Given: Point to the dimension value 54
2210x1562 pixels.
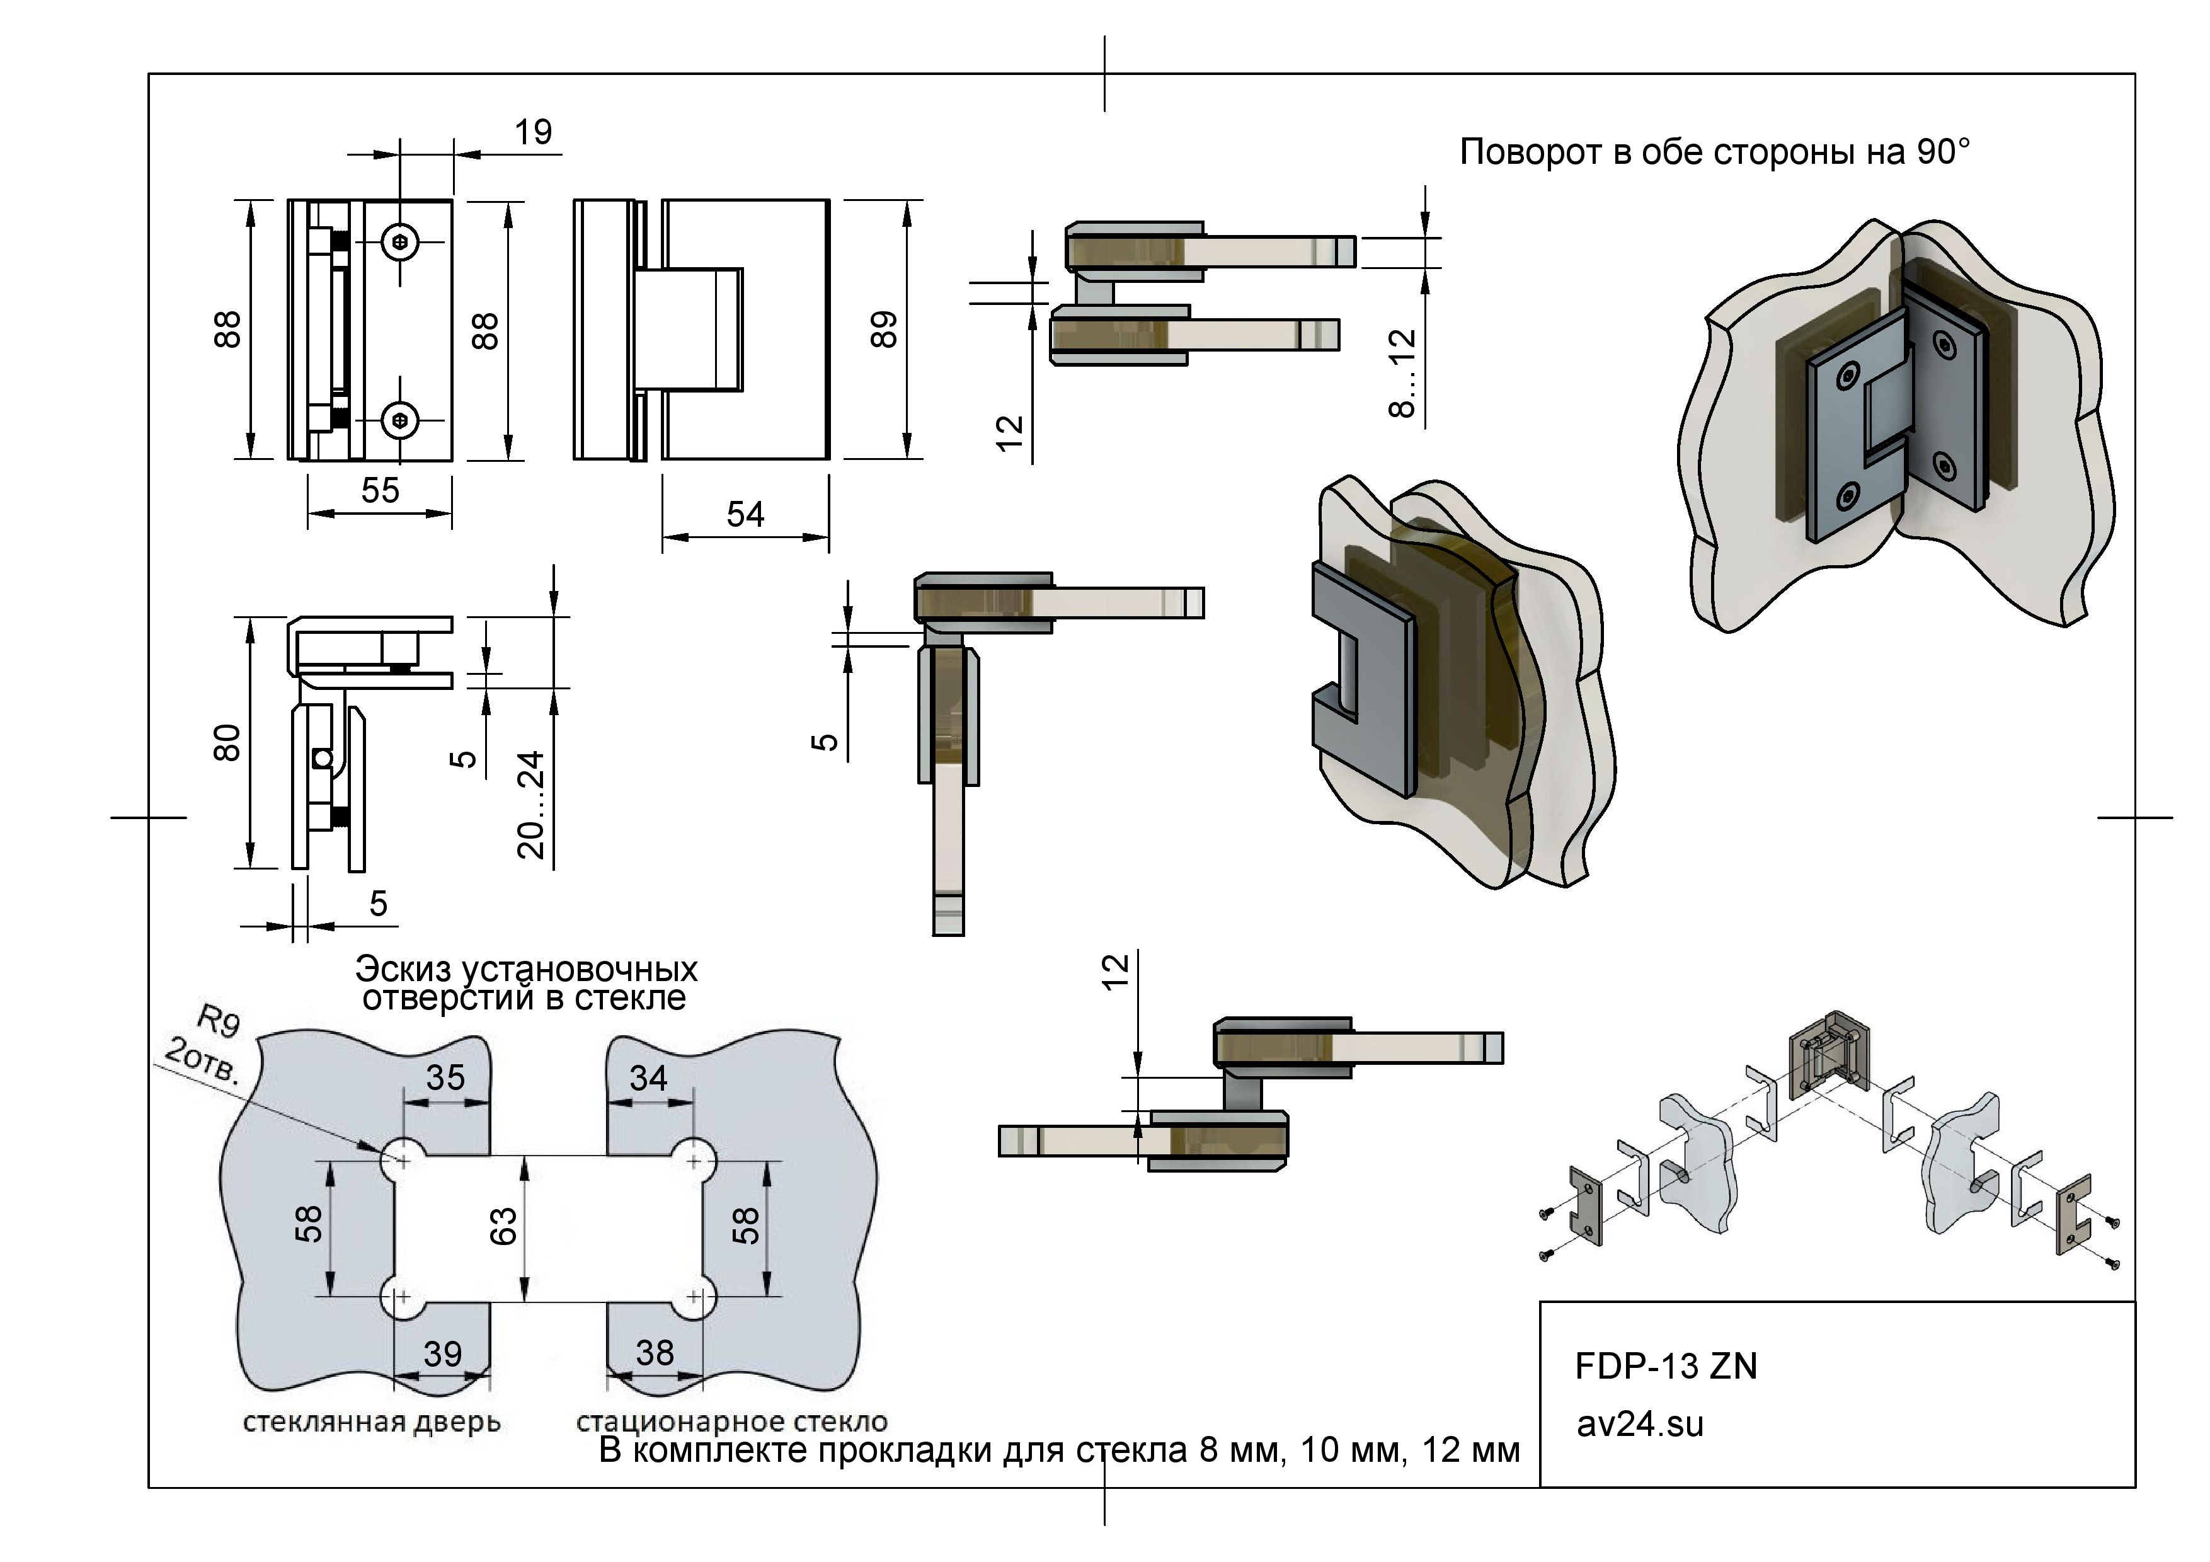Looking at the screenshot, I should coord(745,515).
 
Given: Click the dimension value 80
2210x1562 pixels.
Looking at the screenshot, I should coord(227,742).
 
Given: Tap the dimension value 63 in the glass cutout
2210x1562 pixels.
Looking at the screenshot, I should coord(503,1226).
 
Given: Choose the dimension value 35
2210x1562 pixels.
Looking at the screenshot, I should coord(445,1078).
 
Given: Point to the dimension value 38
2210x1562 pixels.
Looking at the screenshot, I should coord(655,1354).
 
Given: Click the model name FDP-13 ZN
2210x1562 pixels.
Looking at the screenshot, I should coord(1665,1367).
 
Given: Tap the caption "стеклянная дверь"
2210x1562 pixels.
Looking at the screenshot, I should coord(372,1423).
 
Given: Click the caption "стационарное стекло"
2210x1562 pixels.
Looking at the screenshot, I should coord(731,1423).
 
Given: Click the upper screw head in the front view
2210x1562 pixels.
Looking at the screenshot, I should coord(401,243).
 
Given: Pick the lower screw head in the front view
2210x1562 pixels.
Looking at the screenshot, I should coord(401,420).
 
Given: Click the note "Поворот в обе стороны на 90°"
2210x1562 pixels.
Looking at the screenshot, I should coord(1714,152).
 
